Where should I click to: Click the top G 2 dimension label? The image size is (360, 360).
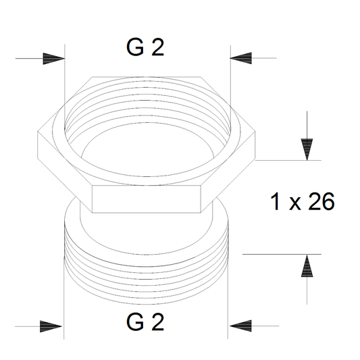pyautogui.click(x=145, y=47)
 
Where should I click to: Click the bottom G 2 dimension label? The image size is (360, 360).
pyautogui.click(x=145, y=322)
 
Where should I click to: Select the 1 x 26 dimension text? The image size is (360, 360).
pyautogui.click(x=303, y=201)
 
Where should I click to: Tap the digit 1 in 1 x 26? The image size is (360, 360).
pyautogui.click(x=275, y=201)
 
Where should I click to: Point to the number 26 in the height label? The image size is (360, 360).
pyautogui.click(x=322, y=201)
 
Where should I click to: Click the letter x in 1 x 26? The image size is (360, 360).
pyautogui.click(x=294, y=204)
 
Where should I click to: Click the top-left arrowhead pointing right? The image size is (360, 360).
pyautogui.click(x=54, y=59)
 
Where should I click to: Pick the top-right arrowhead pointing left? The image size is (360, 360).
pyautogui.click(x=241, y=58)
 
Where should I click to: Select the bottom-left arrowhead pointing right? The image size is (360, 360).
pyautogui.click(x=51, y=326)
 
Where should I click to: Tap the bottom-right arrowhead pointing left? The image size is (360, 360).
pyautogui.click(x=240, y=326)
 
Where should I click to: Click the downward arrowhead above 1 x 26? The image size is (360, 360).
pyautogui.click(x=307, y=149)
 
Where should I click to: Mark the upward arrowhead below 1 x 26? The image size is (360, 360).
pyautogui.click(x=307, y=265)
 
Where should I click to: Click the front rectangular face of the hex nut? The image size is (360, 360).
pyautogui.click(x=147, y=199)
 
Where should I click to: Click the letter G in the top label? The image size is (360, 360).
pyautogui.click(x=136, y=47)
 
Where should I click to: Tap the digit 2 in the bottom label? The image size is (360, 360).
pyautogui.click(x=158, y=322)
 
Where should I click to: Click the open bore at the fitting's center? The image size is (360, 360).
pyautogui.click(x=147, y=151)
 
